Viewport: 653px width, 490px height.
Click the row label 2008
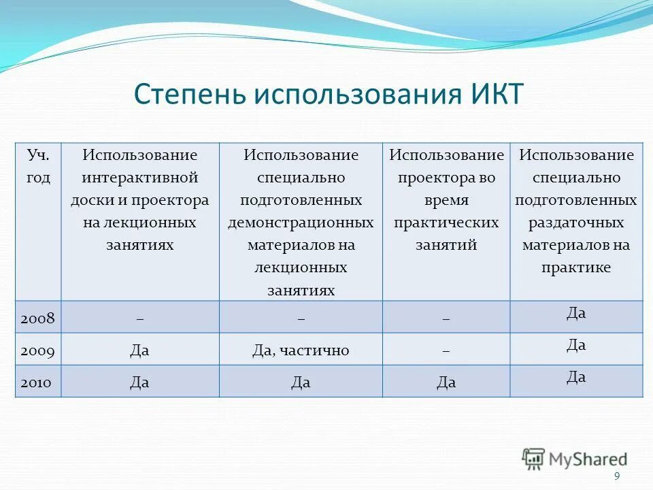pyautogui.click(x=38, y=318)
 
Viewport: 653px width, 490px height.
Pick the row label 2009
pyautogui.click(x=38, y=350)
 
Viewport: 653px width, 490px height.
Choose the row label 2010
pyautogui.click(x=38, y=382)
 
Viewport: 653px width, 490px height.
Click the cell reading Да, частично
pyautogui.click(x=301, y=350)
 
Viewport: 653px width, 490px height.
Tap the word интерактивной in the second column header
pyautogui.click(x=140, y=178)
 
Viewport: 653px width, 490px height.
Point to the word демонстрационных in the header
pyautogui.click(x=301, y=223)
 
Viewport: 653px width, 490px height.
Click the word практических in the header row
pyautogui.click(x=446, y=223)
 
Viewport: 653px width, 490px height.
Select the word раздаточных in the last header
pyautogui.click(x=576, y=223)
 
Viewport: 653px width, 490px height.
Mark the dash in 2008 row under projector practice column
pyautogui.click(x=446, y=318)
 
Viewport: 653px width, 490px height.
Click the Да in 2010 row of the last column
pyautogui.click(x=576, y=376)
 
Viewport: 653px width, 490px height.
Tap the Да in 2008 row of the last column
pyautogui.click(x=576, y=313)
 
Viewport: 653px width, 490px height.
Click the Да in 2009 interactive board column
pyautogui.click(x=139, y=350)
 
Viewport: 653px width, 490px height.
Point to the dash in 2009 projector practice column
pyautogui.click(x=446, y=350)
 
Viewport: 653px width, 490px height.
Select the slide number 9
pyautogui.click(x=617, y=476)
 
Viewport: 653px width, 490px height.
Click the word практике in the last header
pyautogui.click(x=576, y=267)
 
